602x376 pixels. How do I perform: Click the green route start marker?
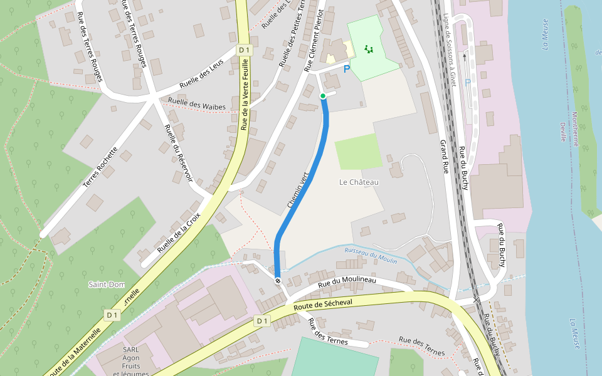pyautogui.click(x=323, y=96)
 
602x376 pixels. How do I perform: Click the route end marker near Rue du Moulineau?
pyautogui.click(x=278, y=281)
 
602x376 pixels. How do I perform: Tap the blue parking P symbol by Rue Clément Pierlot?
pyautogui.click(x=347, y=69)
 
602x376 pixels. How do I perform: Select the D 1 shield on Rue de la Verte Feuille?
pyautogui.click(x=244, y=50)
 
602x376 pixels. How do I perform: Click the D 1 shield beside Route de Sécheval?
pyautogui.click(x=262, y=321)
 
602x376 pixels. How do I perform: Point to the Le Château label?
pyautogui.click(x=359, y=182)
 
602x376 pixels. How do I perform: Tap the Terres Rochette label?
pyautogui.click(x=100, y=168)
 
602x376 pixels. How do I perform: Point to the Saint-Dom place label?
pyautogui.click(x=107, y=285)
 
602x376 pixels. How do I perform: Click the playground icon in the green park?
pyautogui.click(x=369, y=48)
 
